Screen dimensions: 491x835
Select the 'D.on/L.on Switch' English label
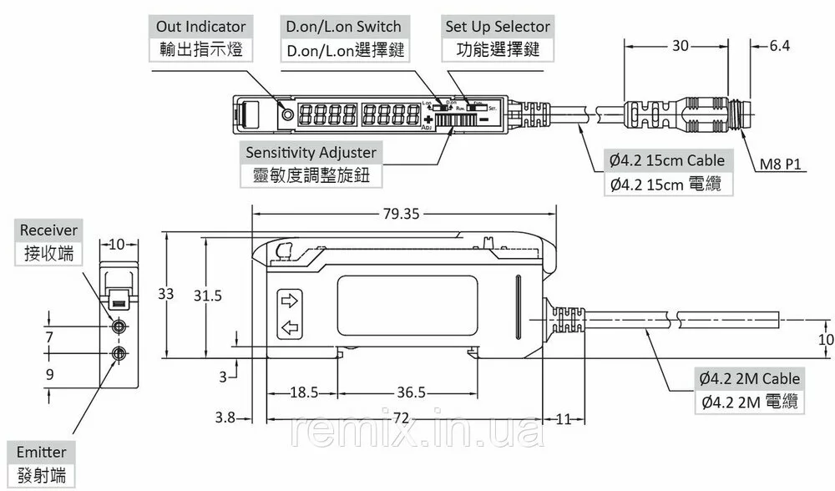pos(343,28)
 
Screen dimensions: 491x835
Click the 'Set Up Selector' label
pos(498,28)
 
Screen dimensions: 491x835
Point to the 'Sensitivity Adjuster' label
pos(311,153)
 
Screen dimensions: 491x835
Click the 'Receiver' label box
pos(48,230)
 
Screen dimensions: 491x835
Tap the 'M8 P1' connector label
pos(780,165)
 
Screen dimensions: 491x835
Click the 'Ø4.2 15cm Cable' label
pos(666,160)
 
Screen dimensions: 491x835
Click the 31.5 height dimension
pos(207,296)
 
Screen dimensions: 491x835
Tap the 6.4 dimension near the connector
pos(779,47)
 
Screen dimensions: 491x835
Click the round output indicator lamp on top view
pos(289,114)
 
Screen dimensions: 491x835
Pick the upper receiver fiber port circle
pos(119,326)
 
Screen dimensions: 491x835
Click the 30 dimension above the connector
pos(681,47)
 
